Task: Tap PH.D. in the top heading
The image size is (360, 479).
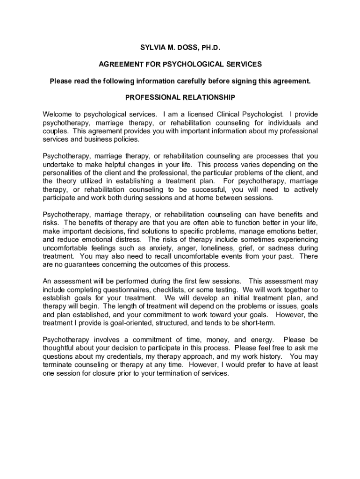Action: tap(206, 48)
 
